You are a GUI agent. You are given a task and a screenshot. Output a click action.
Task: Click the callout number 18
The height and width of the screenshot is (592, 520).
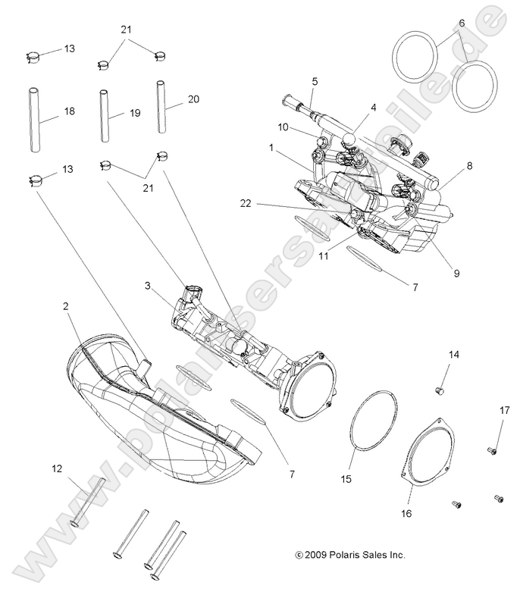[69, 111]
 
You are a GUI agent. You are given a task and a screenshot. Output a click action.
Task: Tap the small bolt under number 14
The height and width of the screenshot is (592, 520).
[438, 390]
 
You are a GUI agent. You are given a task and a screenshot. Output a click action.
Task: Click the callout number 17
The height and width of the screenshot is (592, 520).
[504, 411]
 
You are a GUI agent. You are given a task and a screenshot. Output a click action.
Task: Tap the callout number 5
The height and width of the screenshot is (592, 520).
[315, 81]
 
